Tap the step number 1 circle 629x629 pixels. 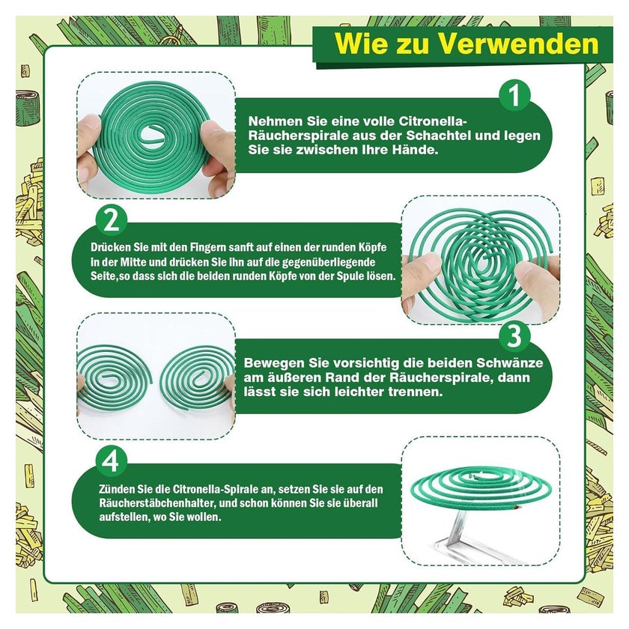pyautogui.click(x=514, y=95)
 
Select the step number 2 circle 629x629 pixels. pyautogui.click(x=111, y=221)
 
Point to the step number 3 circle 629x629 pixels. pyautogui.click(x=514, y=336)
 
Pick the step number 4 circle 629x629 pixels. pyautogui.click(x=111, y=461)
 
